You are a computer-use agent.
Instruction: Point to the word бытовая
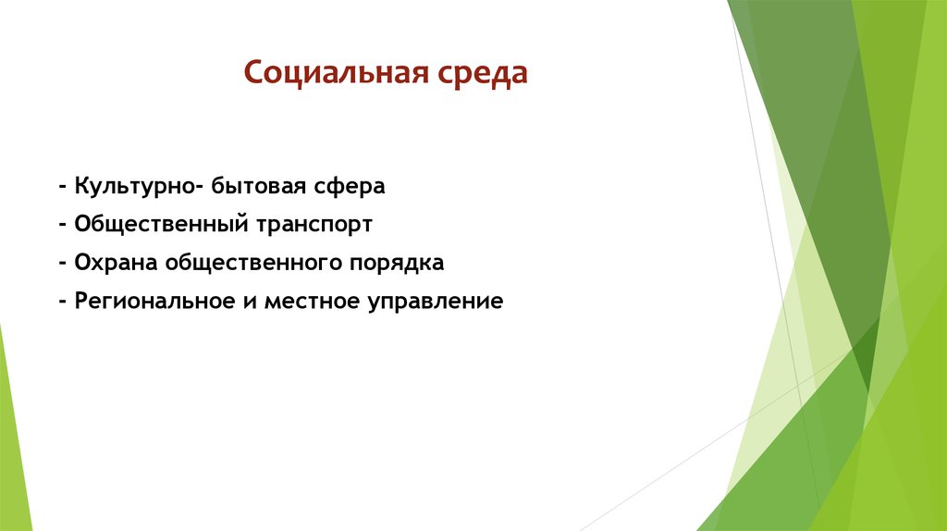[256, 186]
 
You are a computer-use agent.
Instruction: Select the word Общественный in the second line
[155, 225]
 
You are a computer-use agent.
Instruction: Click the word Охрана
[114, 264]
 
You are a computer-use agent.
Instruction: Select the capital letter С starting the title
[252, 72]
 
